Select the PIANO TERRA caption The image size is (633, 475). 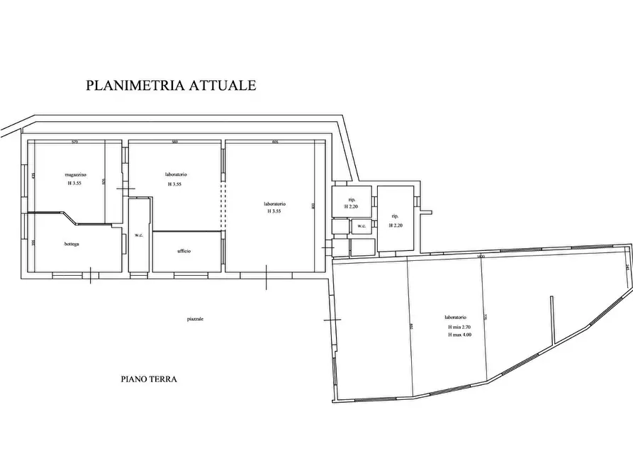click(x=148, y=379)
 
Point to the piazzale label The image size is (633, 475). click(x=196, y=320)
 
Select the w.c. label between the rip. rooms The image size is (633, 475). click(x=361, y=227)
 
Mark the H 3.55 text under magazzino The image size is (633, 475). click(x=74, y=184)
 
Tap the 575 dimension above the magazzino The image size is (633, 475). click(x=74, y=142)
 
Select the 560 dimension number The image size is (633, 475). click(x=174, y=142)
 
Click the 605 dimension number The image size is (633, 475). click(x=274, y=142)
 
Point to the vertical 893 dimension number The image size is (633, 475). click(x=313, y=206)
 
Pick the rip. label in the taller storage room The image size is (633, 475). click(x=394, y=216)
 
